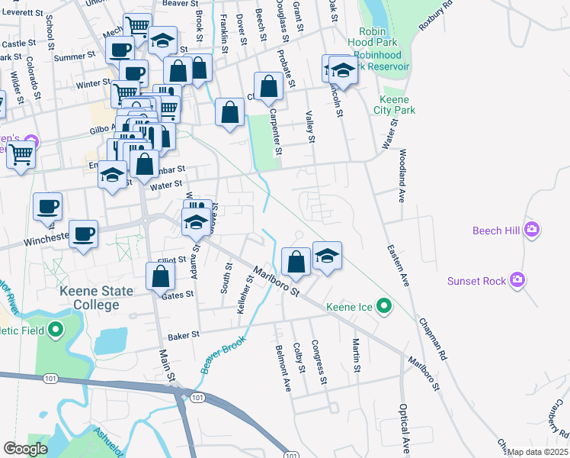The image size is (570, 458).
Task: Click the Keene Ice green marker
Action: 385,307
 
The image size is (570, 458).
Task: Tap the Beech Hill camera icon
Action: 532,229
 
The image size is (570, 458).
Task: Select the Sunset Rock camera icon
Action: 519,281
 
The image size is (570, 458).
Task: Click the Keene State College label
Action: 98,298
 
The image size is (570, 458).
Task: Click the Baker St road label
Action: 184,334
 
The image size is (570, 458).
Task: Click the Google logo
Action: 26,448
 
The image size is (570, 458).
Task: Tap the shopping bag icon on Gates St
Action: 160,276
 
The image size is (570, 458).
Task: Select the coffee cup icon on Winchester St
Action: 83,234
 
